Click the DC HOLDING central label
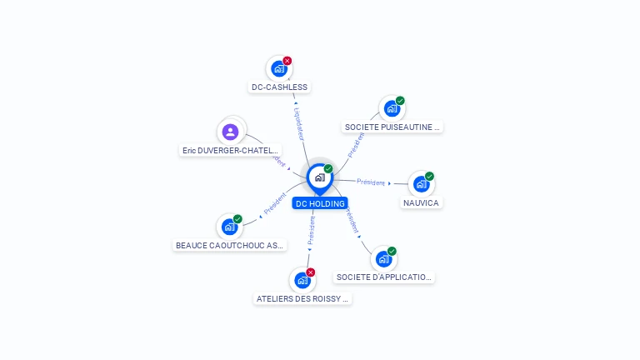pyautogui.click(x=320, y=203)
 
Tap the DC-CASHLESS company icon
pyautogui.click(x=279, y=69)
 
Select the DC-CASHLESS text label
pyautogui.click(x=280, y=87)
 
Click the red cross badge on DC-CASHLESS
pyautogui.click(x=287, y=60)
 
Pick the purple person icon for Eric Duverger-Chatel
pyautogui.click(x=231, y=132)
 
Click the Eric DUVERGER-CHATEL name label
pyautogui.click(x=231, y=151)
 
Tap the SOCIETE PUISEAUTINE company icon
pyautogui.click(x=392, y=108)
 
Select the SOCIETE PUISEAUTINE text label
pyautogui.click(x=392, y=127)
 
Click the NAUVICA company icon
pyautogui.click(x=421, y=184)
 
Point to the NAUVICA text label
pyautogui.click(x=421, y=202)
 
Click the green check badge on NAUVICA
pyautogui.click(x=429, y=176)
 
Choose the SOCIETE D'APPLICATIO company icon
pyautogui.click(x=383, y=259)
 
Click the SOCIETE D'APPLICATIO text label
pyautogui.click(x=384, y=277)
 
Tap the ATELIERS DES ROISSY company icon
pyautogui.click(x=302, y=281)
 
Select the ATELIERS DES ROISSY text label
pyautogui.click(x=302, y=298)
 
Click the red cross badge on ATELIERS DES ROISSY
pyautogui.click(x=311, y=272)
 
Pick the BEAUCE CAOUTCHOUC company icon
pyautogui.click(x=229, y=227)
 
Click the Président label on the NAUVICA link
pyautogui.click(x=371, y=182)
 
